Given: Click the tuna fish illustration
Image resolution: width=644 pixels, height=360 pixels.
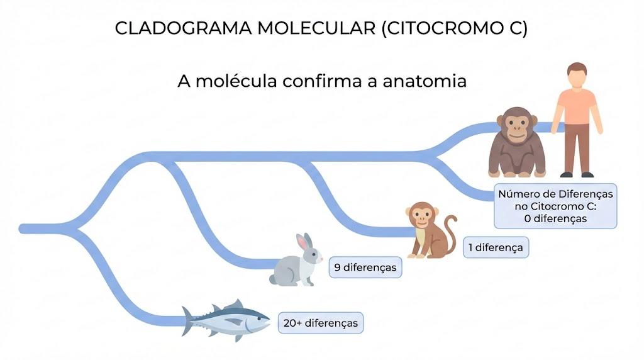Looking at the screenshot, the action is click(226, 320).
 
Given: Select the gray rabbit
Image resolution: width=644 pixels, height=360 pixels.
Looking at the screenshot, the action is click(296, 261).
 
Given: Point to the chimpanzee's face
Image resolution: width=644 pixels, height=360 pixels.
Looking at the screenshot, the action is click(517, 125).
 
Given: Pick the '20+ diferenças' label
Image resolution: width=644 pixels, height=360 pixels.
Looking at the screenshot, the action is click(320, 323).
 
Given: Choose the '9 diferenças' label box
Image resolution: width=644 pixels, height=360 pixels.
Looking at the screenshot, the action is click(365, 267).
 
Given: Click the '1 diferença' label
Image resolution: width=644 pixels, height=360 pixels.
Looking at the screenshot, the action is click(496, 247).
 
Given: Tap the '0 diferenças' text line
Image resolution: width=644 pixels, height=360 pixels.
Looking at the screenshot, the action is click(555, 218).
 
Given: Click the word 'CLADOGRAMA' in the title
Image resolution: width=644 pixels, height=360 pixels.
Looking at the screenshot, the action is click(183, 28).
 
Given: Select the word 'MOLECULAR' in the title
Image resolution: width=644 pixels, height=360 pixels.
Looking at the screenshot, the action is click(316, 28).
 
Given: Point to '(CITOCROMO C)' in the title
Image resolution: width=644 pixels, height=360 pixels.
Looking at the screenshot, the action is click(455, 28).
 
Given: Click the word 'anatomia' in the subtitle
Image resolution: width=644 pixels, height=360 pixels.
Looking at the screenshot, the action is click(425, 81).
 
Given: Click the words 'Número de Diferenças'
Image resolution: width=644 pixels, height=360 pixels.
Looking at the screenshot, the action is click(555, 194).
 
